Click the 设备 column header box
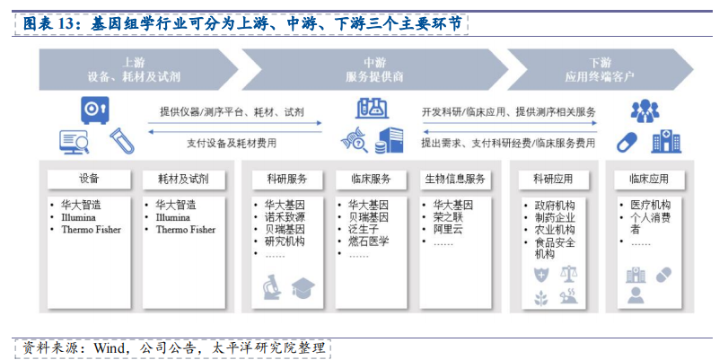[x=89, y=180]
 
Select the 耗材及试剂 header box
[x=183, y=180]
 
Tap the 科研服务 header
[x=287, y=180]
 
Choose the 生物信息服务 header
[x=455, y=180]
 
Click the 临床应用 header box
[x=649, y=180]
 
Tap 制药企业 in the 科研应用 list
[x=555, y=218]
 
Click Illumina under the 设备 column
[x=78, y=217]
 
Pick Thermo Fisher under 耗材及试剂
[x=186, y=230]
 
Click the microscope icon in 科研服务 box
[x=272, y=286]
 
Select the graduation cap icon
[x=303, y=288]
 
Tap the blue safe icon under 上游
[x=95, y=110]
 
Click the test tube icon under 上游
[x=122, y=141]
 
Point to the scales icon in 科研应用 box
[x=569, y=274]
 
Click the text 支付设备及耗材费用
[x=232, y=144]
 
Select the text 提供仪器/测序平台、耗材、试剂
[x=232, y=111]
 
